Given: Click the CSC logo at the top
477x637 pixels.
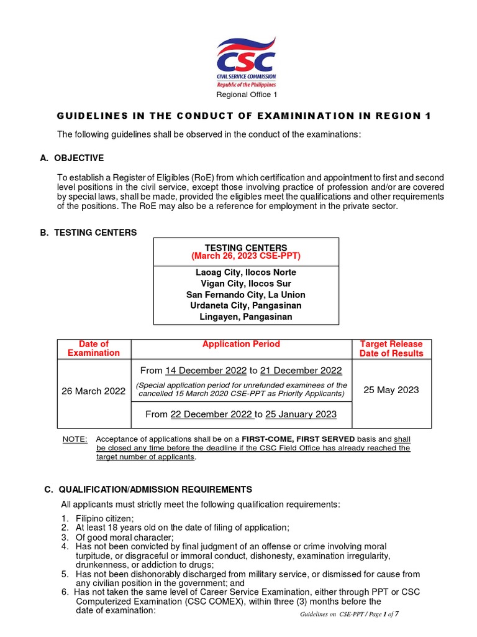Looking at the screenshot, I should [x=246, y=62].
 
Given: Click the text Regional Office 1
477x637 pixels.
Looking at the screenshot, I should [x=247, y=95].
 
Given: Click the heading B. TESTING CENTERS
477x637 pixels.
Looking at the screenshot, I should [x=88, y=233].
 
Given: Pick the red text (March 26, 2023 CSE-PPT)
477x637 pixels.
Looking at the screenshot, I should [x=246, y=256].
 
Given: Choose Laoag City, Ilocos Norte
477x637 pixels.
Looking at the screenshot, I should [x=246, y=272].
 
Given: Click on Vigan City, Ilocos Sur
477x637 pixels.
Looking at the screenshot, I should [x=246, y=284].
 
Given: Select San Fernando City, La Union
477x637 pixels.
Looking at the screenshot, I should [x=246, y=295].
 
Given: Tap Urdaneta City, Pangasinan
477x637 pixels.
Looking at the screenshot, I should [x=246, y=306].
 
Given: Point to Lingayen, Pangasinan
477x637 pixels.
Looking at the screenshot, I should [x=246, y=317].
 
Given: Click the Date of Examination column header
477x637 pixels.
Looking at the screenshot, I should [x=94, y=348].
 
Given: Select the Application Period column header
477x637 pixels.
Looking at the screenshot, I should [x=241, y=344].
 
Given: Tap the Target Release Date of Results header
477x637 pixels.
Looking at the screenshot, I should [x=391, y=348].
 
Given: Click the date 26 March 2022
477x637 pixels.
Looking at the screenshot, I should [x=94, y=391].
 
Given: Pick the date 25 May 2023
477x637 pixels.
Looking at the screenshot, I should [x=391, y=390].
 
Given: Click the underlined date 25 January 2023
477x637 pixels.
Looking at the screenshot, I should [x=301, y=414].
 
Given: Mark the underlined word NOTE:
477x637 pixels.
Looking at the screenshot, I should [x=75, y=439].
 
